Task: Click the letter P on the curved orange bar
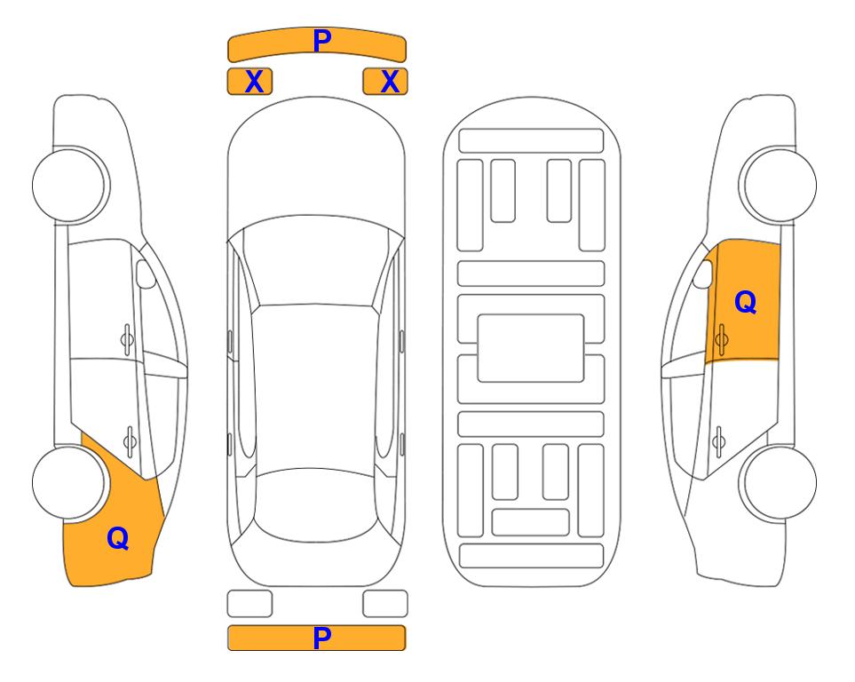(322, 40)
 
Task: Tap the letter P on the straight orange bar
(322, 638)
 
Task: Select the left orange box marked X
(249, 82)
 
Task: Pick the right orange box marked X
(385, 82)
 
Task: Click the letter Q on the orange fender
(118, 538)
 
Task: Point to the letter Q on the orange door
(746, 302)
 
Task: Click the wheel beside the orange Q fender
(68, 482)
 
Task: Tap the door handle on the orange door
(721, 339)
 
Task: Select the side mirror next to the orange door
(702, 274)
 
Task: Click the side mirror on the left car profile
(146, 274)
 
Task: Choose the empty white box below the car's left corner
(249, 604)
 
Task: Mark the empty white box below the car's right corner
(385, 604)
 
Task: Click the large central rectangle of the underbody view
(531, 348)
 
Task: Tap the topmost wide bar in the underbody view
(531, 141)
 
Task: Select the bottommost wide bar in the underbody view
(531, 556)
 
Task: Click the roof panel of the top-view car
(314, 386)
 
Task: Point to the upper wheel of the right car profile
(778, 185)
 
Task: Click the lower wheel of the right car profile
(778, 483)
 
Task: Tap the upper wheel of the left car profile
(70, 185)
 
